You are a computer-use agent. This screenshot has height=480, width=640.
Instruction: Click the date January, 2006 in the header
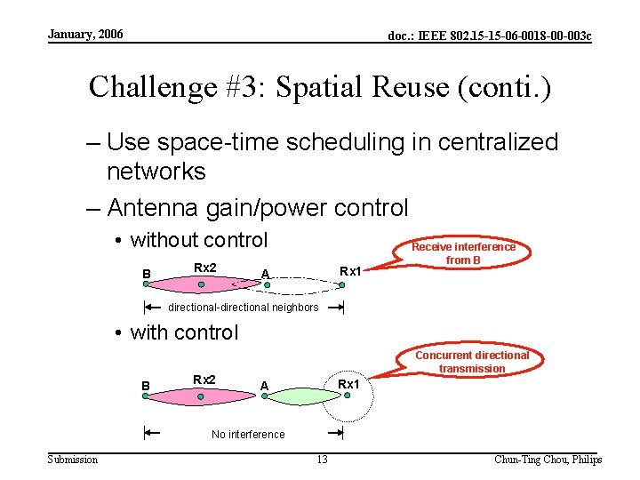pyautogui.click(x=85, y=35)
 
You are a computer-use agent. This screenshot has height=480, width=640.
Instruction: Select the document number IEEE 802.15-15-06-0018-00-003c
pyautogui.click(x=490, y=36)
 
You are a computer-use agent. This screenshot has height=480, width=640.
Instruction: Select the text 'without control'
pyautogui.click(x=198, y=240)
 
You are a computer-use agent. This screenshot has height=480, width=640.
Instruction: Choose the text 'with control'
pyautogui.click(x=184, y=332)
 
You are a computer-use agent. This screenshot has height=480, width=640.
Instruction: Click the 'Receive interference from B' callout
pyautogui.click(x=463, y=253)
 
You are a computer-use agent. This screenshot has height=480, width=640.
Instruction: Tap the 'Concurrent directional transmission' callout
pyautogui.click(x=471, y=362)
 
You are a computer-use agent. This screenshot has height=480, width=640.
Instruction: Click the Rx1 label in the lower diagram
pyautogui.click(x=348, y=383)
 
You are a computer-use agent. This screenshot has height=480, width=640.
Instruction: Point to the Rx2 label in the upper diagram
pyautogui.click(x=204, y=268)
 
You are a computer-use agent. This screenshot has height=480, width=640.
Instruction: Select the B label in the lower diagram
pyautogui.click(x=146, y=386)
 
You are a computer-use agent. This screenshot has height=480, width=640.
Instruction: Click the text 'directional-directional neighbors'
pyautogui.click(x=244, y=308)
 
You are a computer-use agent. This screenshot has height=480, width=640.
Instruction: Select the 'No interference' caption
pyautogui.click(x=248, y=435)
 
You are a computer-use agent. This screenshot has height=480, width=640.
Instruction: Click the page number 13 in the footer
pyautogui.click(x=322, y=460)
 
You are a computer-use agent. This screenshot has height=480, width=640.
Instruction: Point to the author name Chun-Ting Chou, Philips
pyautogui.click(x=548, y=460)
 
